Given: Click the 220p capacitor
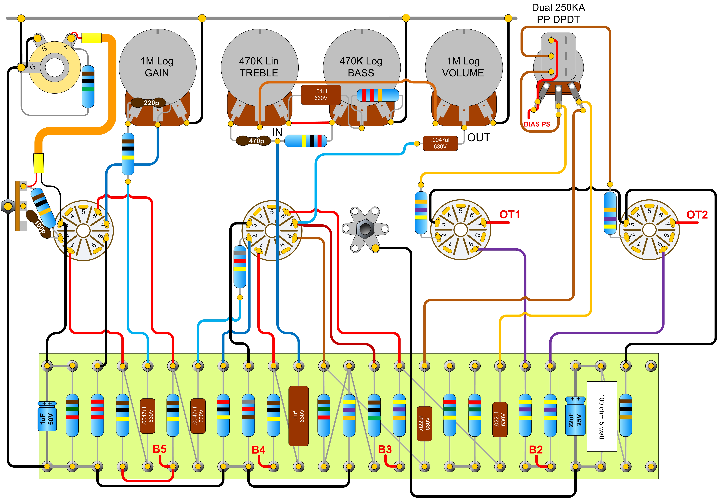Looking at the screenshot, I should [x=148, y=103].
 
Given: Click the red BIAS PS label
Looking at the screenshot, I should [x=537, y=124].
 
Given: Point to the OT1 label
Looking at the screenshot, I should [x=510, y=215].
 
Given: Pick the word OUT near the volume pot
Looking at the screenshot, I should [x=479, y=138].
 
